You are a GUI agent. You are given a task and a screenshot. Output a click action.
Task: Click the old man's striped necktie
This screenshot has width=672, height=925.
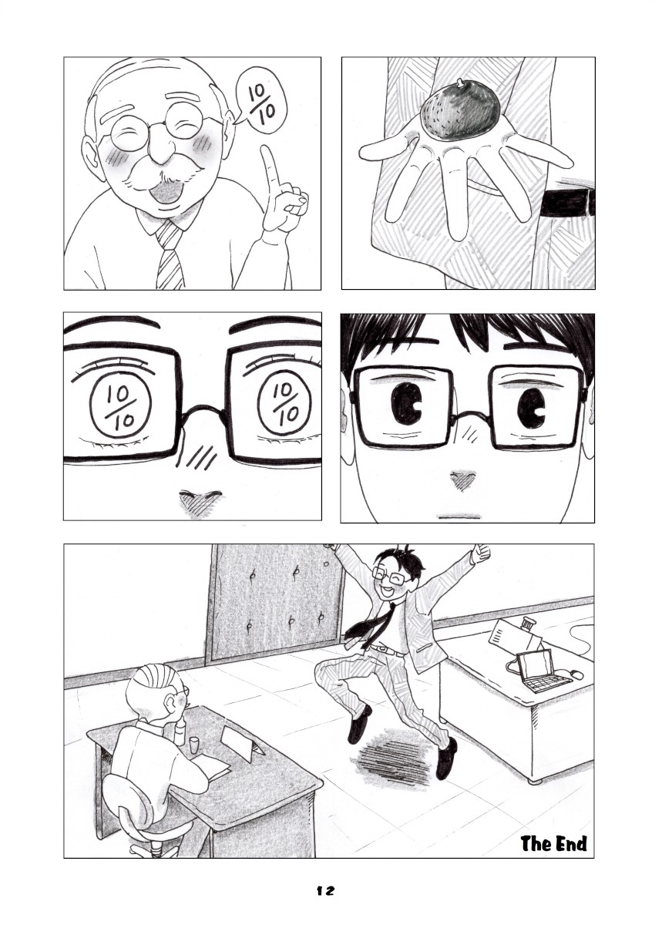point(170,254)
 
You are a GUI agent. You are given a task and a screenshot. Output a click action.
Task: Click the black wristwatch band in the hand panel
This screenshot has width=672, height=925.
point(567,202)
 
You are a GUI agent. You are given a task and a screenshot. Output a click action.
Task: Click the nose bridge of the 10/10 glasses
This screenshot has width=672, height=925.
point(203,410)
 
